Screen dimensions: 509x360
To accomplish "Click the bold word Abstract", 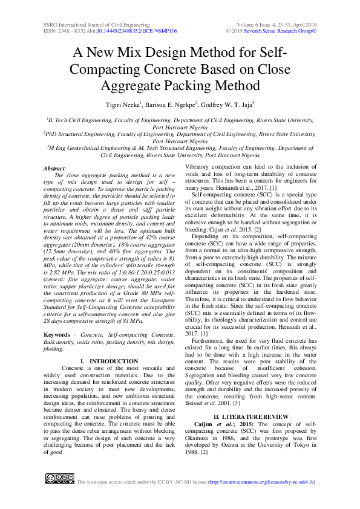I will point(54,168).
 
